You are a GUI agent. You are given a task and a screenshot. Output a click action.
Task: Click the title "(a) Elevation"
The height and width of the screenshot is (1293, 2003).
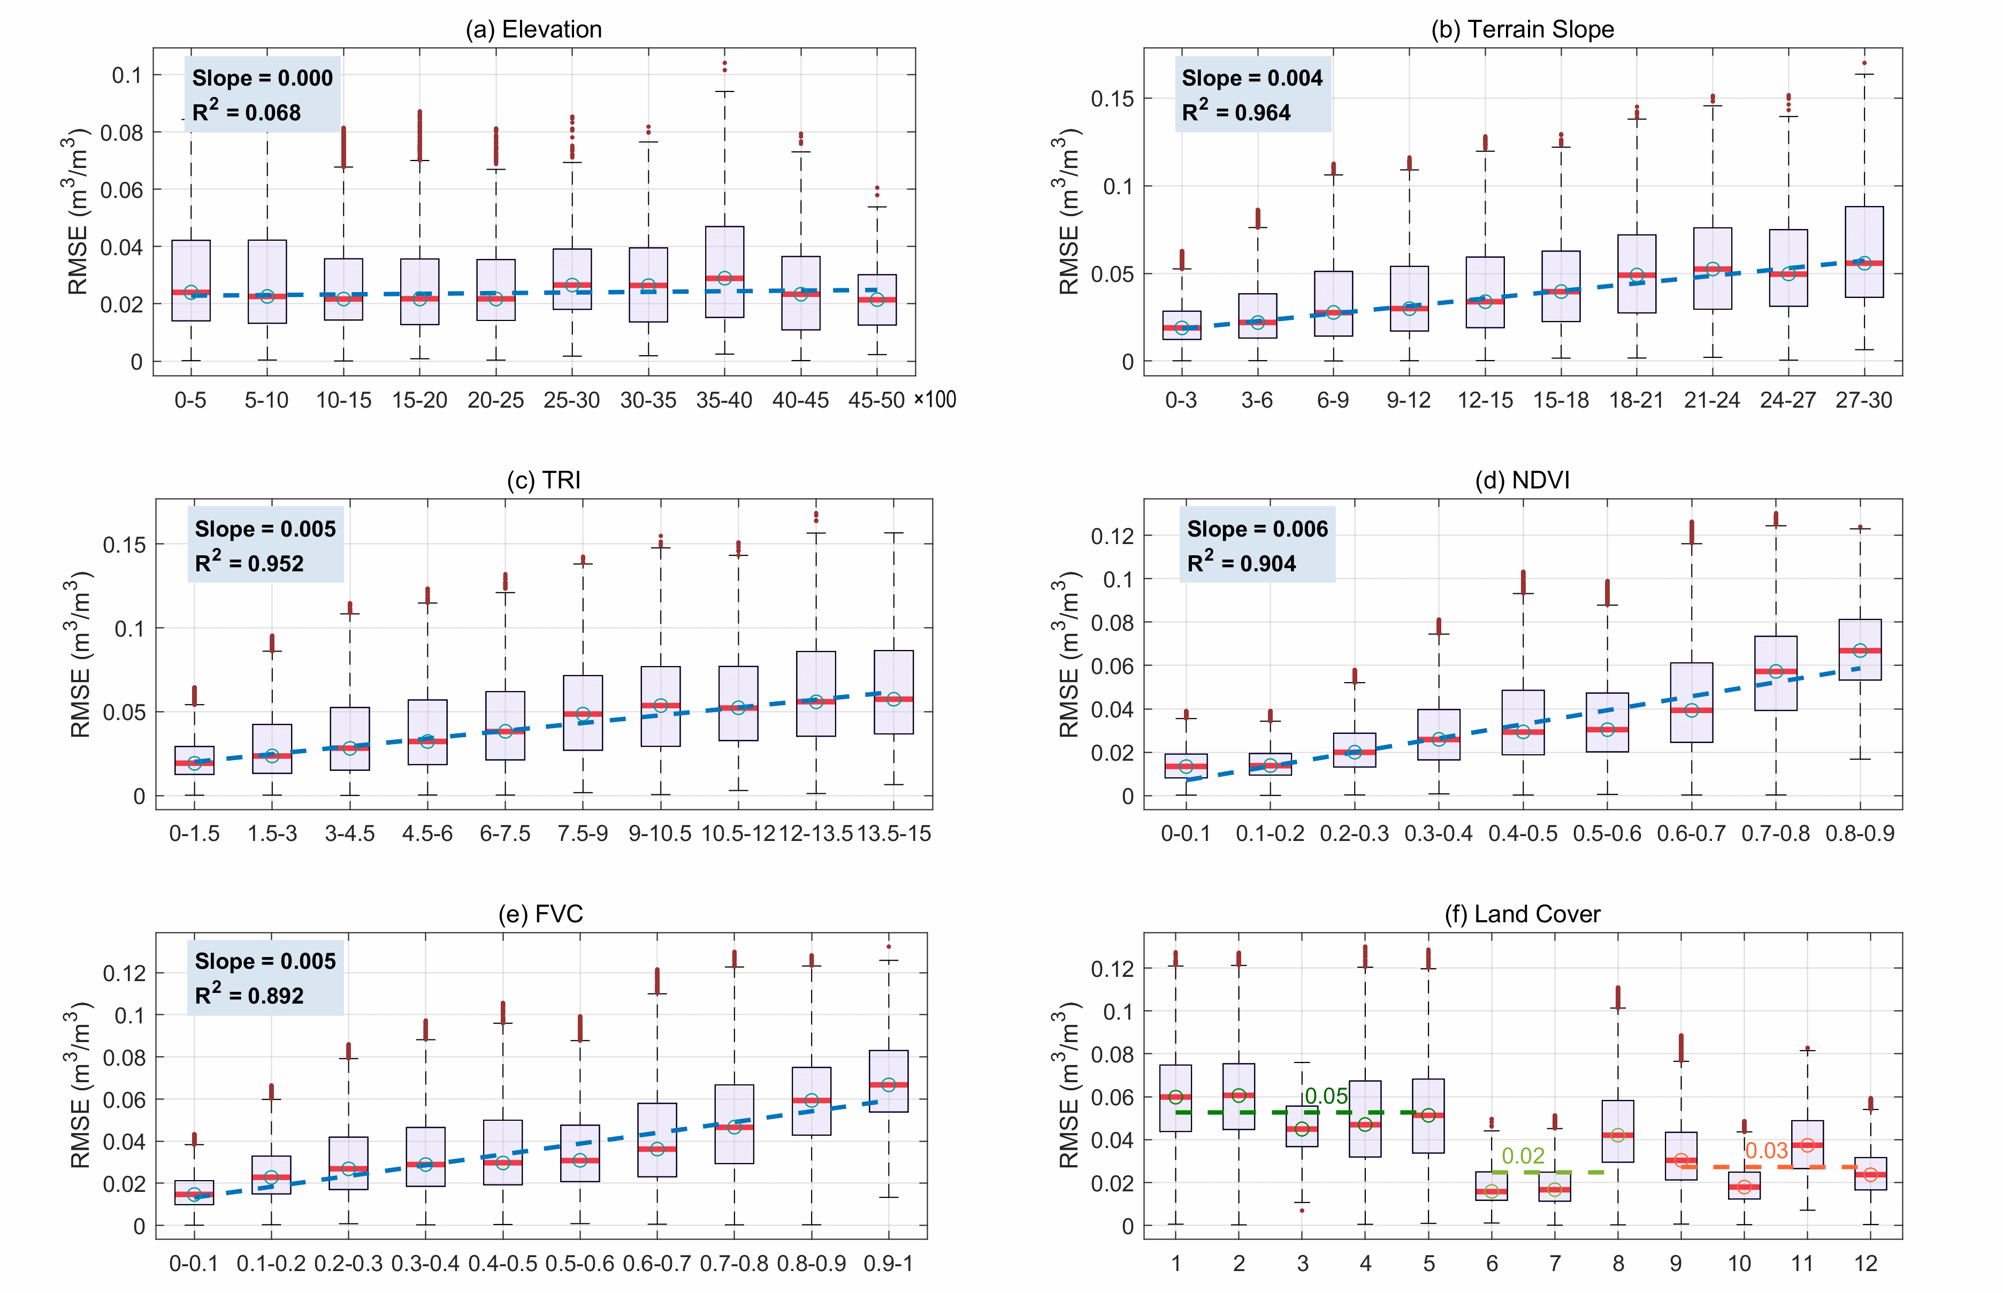pos(534,29)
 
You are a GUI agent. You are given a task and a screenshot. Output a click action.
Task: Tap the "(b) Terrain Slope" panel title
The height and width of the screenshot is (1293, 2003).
pos(1522,29)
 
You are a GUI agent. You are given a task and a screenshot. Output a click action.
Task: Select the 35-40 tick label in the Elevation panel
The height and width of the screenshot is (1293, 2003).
pos(724,401)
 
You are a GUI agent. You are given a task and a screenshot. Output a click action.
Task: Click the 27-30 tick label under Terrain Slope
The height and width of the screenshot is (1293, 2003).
pos(1864,401)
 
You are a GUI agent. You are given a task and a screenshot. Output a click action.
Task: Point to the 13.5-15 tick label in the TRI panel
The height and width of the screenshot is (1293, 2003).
pos(894,833)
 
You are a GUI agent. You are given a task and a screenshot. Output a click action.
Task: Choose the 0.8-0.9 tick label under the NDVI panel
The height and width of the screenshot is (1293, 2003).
pos(1860,833)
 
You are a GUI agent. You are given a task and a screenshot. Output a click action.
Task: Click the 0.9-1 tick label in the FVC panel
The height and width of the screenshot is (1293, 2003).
pos(888,1264)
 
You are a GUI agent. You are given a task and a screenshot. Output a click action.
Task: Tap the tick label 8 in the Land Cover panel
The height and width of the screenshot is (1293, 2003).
pos(1618,1264)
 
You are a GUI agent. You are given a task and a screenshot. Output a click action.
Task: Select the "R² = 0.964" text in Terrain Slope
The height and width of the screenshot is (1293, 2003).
pos(1236,112)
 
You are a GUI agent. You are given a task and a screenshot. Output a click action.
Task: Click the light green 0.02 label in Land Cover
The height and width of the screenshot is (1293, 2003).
pos(1523,1156)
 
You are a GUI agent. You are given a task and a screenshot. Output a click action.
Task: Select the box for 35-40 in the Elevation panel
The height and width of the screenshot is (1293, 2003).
pos(724,271)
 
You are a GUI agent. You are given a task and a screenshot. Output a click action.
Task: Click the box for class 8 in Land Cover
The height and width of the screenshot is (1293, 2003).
pos(1618,1131)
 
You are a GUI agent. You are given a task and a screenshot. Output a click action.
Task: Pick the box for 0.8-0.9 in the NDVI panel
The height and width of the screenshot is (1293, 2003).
pos(1860,649)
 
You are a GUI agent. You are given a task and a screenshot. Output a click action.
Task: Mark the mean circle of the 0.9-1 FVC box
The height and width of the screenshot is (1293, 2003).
pos(888,1085)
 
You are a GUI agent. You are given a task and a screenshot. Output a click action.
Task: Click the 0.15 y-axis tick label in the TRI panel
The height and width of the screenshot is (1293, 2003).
pos(124,545)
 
